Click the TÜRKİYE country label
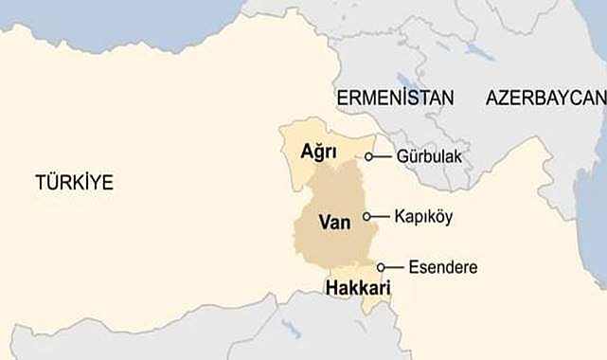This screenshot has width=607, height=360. coord(74,183)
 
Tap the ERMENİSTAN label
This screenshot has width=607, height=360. coord(394,98)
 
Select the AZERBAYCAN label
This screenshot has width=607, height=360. coord(545,98)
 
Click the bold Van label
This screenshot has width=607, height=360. coord(334,222)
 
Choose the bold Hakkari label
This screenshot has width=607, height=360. coord(358,287)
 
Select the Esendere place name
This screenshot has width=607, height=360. coord(442,267)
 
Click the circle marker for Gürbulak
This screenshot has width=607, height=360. coord(370,156)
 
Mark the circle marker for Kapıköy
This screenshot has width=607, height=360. coord(367,217)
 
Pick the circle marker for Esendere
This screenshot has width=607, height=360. coord(381,267)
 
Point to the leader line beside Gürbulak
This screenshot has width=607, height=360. coord(383,156)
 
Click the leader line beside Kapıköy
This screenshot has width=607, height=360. coord(380,217)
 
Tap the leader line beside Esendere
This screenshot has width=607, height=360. coord(394,267)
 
